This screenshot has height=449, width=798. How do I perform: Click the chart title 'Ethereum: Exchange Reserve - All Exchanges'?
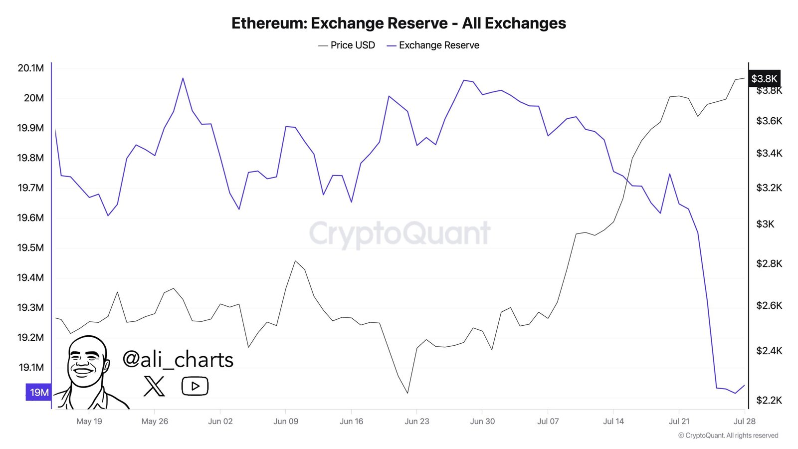pyautogui.click(x=399, y=23)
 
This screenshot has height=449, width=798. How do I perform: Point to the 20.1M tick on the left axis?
pyautogui.click(x=31, y=68)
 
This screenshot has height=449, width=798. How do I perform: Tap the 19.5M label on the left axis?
pyautogui.click(x=31, y=248)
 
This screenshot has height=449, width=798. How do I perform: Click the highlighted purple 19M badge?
pyautogui.click(x=38, y=393)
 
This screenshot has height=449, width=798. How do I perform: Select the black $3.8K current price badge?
pyautogui.click(x=764, y=79)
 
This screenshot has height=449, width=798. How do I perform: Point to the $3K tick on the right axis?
pyautogui.click(x=766, y=224)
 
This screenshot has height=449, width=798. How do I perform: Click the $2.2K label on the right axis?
pyautogui.click(x=769, y=400)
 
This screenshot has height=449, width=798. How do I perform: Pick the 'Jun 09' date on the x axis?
pyautogui.click(x=286, y=422)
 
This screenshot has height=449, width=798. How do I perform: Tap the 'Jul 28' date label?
pyautogui.click(x=744, y=422)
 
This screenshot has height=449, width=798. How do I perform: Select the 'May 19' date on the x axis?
pyautogui.click(x=89, y=422)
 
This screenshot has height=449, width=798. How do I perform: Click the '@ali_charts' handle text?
pyautogui.click(x=178, y=360)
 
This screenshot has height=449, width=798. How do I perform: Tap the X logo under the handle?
pyautogui.click(x=154, y=386)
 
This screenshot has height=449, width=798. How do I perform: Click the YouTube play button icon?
pyautogui.click(x=195, y=386)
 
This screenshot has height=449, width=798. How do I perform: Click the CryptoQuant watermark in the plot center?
pyautogui.click(x=399, y=233)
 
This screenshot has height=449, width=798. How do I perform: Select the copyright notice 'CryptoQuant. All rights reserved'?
pyautogui.click(x=728, y=436)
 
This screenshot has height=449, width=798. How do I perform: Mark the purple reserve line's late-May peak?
pyautogui.click(x=183, y=78)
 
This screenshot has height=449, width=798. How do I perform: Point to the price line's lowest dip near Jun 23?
pyautogui.click(x=407, y=393)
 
